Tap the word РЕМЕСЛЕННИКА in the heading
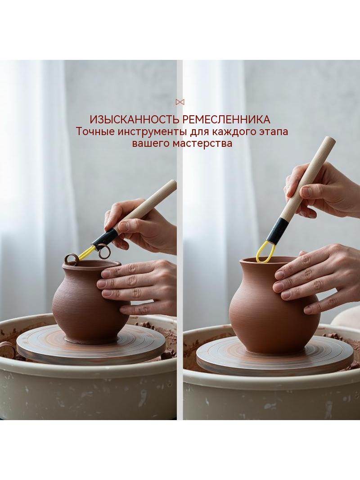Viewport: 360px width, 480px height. (227, 119)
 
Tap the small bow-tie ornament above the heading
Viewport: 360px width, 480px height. (180, 102)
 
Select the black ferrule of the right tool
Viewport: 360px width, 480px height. (277, 230)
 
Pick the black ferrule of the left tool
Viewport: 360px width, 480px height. (105, 238)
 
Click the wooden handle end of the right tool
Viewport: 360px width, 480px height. (329, 141)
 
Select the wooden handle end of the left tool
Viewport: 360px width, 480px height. (172, 184)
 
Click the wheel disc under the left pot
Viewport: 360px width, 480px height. (91, 345)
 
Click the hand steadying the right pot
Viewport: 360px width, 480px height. (316, 281)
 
